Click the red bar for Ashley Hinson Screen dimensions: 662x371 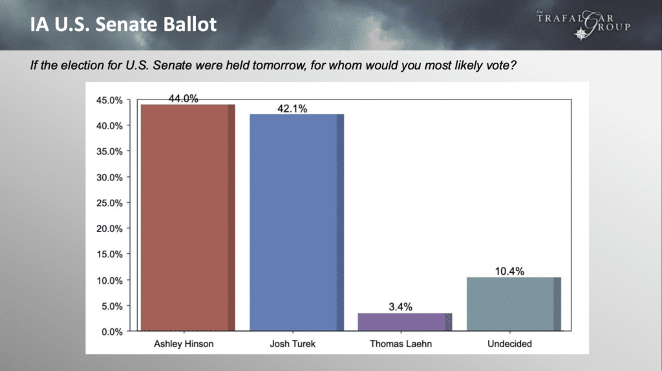tap(188, 217)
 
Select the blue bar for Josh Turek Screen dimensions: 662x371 tap(297, 222)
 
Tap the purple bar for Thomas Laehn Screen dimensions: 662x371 tap(405, 322)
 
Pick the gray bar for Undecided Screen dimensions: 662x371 tap(514, 304)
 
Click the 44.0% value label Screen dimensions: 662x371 tap(183, 98)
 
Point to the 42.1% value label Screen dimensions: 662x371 tap(292, 109)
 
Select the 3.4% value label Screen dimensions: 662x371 tap(401, 307)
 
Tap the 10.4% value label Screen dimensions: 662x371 tap(509, 271)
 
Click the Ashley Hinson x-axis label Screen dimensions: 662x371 tap(184, 344)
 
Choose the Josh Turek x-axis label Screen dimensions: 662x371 tap(293, 344)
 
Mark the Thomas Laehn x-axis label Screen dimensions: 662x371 tap(401, 344)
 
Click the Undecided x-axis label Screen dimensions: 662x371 tap(509, 344)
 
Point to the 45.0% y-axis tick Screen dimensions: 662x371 tap(109, 100)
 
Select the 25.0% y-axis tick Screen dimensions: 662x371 tap(109, 203)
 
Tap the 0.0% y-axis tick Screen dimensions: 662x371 tap(112, 332)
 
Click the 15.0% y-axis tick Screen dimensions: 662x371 tap(109, 255)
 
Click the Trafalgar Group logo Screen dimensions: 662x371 tap(584, 25)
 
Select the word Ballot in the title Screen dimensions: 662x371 tap(189, 24)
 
